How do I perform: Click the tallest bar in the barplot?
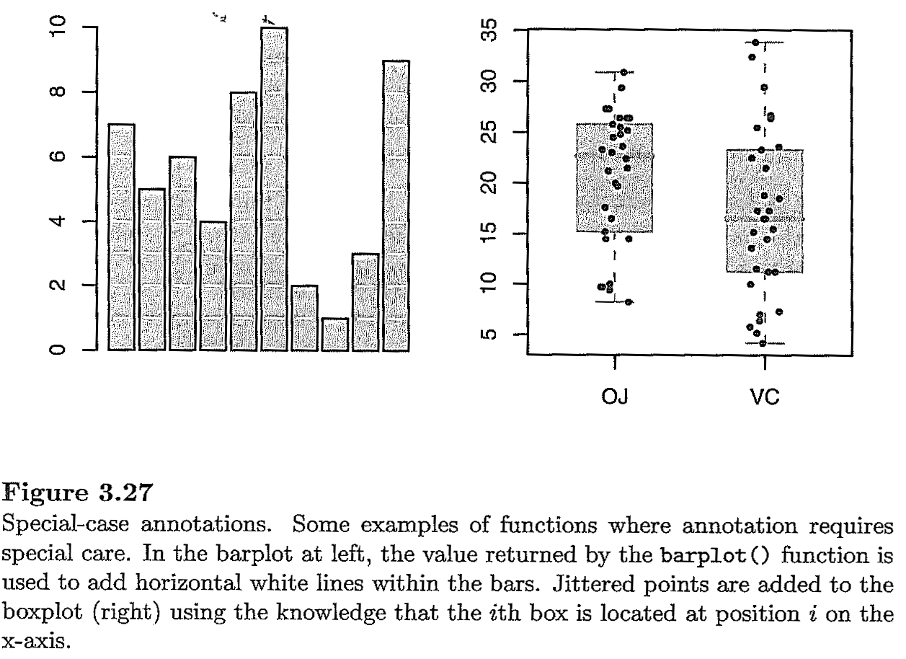tap(274, 189)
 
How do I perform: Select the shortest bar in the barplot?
tap(335, 335)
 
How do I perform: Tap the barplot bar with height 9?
tap(396, 205)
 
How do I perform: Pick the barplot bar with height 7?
tap(121, 237)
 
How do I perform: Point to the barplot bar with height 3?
tap(365, 302)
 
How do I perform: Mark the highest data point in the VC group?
tap(755, 43)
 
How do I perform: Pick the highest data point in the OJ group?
tap(624, 72)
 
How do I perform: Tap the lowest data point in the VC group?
tap(763, 343)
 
